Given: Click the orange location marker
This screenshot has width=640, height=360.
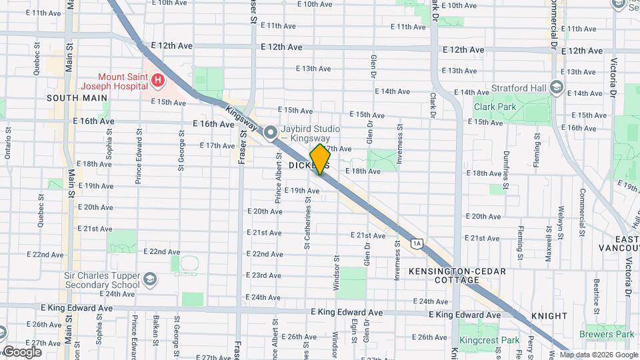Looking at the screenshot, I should (320, 159).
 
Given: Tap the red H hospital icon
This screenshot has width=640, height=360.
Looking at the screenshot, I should (158, 81).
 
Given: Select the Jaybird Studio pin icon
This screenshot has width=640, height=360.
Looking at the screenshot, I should (271, 133).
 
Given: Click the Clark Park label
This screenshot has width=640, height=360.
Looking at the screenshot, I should (495, 106).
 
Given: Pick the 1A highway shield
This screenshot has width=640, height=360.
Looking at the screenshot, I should (417, 243).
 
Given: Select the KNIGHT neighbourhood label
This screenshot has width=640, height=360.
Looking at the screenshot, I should (549, 315).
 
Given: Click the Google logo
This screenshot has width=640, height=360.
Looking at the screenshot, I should (21, 351).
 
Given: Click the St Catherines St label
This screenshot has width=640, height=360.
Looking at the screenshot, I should (307, 221).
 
